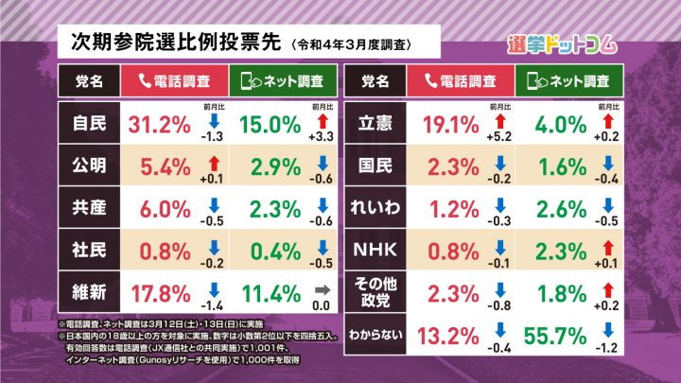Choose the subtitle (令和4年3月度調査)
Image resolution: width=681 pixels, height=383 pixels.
click(350, 44)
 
